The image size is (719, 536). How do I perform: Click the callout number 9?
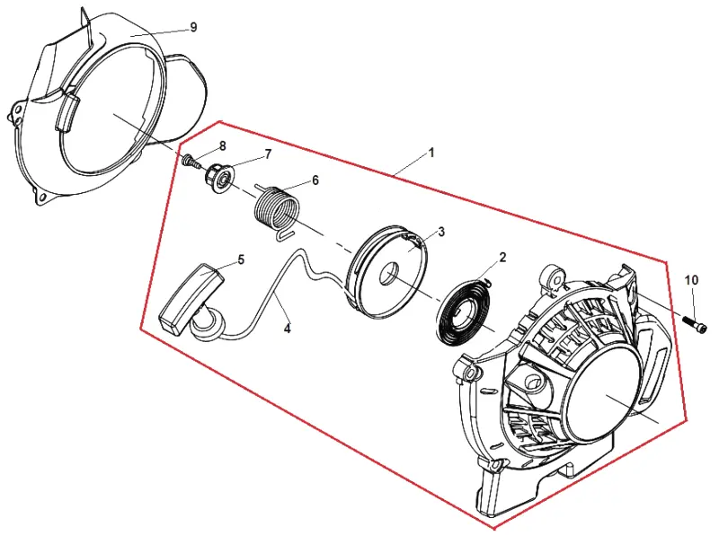click(x=193, y=28)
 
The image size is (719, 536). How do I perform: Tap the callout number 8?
click(x=222, y=146)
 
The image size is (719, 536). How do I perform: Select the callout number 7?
click(x=268, y=154)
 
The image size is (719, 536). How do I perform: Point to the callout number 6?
click(x=315, y=180)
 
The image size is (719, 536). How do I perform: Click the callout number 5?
click(x=241, y=259)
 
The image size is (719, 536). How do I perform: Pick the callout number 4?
click(x=287, y=328)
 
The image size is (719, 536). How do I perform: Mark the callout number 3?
click(x=441, y=232)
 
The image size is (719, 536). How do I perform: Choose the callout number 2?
click(x=502, y=257)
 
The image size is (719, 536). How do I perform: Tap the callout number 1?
click(x=431, y=153)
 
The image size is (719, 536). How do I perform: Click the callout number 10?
click(x=691, y=279)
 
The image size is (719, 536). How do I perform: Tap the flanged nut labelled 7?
click(x=218, y=176)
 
